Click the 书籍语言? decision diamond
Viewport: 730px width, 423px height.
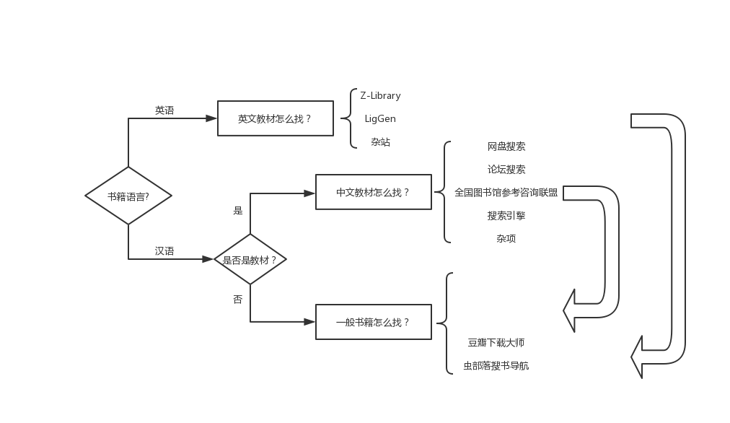[x=128, y=196]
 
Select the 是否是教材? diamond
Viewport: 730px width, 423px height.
[x=250, y=259]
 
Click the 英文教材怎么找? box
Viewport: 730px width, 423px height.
[x=276, y=118]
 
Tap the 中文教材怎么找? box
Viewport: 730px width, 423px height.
[x=374, y=192]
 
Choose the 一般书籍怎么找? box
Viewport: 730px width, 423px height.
[x=374, y=322]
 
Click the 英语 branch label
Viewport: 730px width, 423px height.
[x=164, y=110]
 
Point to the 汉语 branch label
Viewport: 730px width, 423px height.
[x=164, y=251]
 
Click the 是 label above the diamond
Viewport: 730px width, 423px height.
[x=238, y=211]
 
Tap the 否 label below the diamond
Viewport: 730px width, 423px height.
[x=238, y=299]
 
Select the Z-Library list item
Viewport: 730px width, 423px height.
[x=380, y=95]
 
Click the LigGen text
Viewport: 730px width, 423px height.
[x=380, y=118]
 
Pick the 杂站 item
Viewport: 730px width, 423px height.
[x=380, y=142]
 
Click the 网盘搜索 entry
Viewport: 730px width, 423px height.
[x=506, y=147]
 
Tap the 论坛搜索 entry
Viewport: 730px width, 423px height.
[x=506, y=170]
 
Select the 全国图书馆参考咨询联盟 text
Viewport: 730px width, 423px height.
[x=506, y=193]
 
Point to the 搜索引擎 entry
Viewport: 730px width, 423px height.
[x=506, y=216]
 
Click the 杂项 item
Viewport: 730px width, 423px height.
[x=506, y=239]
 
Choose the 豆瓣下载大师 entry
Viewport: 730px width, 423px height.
[x=496, y=343]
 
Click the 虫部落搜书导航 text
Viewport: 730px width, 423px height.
[x=496, y=366]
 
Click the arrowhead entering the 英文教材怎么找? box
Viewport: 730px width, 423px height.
[x=211, y=118]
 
